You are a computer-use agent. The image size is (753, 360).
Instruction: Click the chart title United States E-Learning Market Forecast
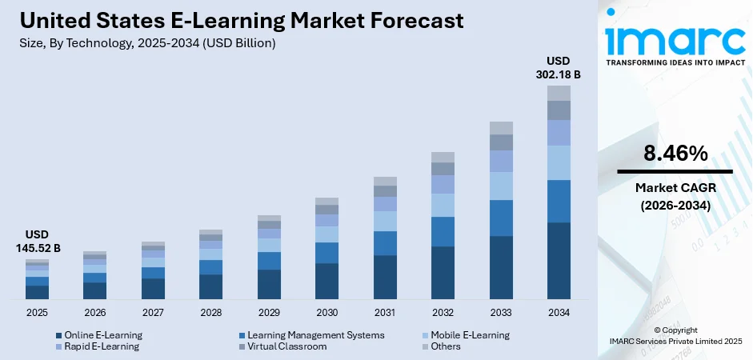click(239, 21)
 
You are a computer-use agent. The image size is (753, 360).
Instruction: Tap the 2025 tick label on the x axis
click(37, 312)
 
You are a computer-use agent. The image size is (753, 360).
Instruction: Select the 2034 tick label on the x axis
click(559, 312)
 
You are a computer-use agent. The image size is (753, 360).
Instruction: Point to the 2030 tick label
click(326, 312)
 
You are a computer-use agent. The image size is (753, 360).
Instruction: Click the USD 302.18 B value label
click(559, 67)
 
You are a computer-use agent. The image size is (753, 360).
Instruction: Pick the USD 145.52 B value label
click(37, 241)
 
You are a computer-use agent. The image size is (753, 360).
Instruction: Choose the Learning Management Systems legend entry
click(315, 335)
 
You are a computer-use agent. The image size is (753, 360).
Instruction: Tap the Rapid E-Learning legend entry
click(100, 346)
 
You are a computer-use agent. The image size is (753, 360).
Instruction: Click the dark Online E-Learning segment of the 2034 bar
click(559, 260)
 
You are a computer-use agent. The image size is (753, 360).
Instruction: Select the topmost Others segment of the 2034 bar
click(559, 93)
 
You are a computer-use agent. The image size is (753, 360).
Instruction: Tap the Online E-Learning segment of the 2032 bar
click(443, 272)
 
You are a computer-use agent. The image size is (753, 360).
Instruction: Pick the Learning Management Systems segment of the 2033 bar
click(501, 218)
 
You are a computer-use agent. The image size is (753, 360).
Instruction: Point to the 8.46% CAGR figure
click(675, 154)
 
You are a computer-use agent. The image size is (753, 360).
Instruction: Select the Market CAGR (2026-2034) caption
click(675, 196)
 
